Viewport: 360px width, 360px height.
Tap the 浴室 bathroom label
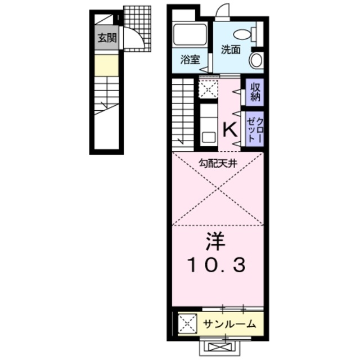190,60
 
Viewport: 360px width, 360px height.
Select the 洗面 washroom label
230,49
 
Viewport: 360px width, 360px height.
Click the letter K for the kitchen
231,130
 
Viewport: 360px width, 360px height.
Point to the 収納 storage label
255,92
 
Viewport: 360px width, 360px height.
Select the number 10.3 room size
217,265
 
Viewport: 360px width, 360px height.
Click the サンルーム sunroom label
229,324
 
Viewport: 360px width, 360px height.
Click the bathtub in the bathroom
190,35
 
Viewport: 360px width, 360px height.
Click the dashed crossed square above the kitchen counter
208,89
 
